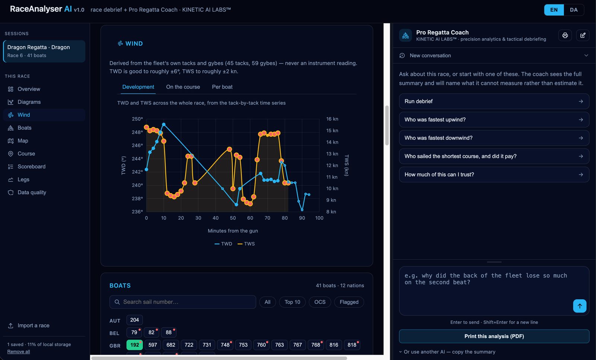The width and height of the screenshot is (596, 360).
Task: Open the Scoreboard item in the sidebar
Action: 31,166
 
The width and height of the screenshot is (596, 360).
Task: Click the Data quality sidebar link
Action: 32,192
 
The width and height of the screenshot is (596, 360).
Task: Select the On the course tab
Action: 183,87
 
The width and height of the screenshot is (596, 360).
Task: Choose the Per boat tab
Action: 222,87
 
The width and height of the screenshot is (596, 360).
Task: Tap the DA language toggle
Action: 574,10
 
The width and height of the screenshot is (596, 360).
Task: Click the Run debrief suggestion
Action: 494,101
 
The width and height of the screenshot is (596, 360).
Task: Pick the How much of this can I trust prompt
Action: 494,175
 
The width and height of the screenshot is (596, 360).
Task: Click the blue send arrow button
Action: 580,306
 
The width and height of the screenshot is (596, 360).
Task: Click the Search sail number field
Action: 183,302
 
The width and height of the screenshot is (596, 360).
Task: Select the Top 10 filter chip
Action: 292,302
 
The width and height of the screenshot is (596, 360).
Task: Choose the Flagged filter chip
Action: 349,302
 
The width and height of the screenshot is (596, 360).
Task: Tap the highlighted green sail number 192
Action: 134,345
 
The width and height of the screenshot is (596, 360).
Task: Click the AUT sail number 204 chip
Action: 134,320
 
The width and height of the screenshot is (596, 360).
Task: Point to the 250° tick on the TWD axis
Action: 137,119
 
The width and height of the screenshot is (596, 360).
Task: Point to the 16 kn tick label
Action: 332,119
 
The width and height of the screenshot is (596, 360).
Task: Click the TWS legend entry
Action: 246,244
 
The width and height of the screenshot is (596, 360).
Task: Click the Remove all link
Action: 18,351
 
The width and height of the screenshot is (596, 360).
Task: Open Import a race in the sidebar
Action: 29,325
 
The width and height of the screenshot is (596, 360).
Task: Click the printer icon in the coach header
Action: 565,35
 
